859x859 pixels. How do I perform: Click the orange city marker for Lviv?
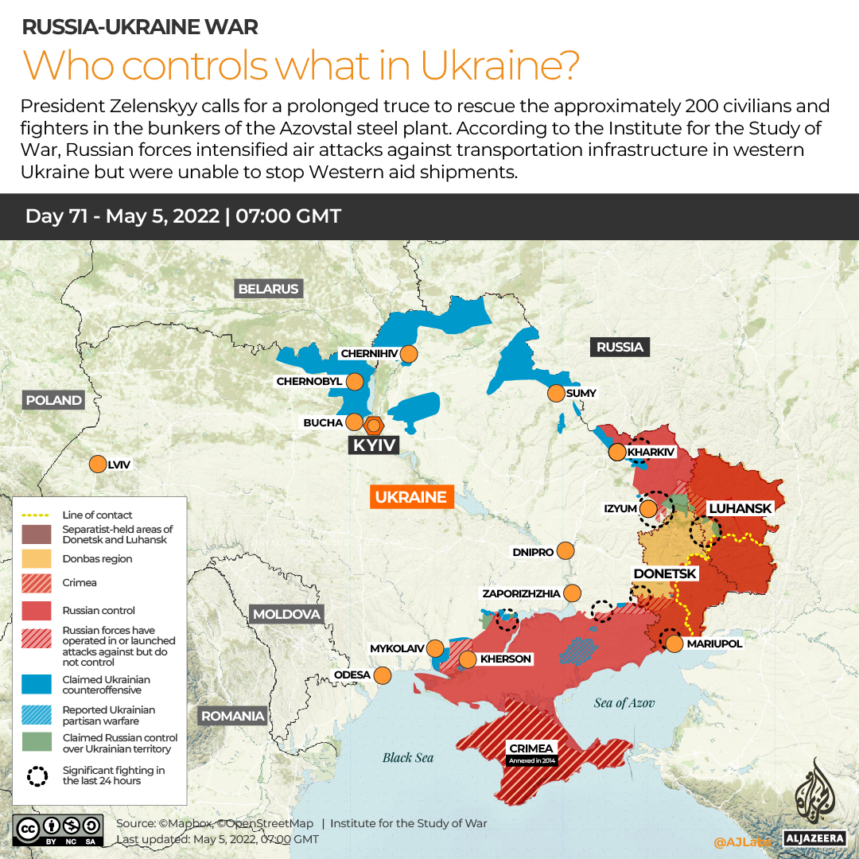(x=98, y=464)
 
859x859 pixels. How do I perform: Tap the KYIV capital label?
(x=374, y=445)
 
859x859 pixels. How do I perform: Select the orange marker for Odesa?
(x=383, y=675)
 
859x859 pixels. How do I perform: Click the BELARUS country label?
(x=268, y=289)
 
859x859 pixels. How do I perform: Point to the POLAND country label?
(x=53, y=400)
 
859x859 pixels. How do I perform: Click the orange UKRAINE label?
(x=410, y=497)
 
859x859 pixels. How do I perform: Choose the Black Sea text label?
(x=408, y=757)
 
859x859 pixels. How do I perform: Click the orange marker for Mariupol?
(x=674, y=643)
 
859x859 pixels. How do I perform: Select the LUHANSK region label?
(x=740, y=508)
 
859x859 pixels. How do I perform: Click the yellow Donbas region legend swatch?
(x=37, y=559)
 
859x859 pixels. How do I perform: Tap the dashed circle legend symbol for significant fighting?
(x=37, y=775)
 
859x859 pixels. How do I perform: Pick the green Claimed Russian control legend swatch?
(x=37, y=744)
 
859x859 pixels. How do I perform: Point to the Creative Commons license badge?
(x=57, y=829)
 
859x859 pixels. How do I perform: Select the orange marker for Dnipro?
(x=566, y=550)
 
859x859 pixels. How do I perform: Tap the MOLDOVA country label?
(x=286, y=614)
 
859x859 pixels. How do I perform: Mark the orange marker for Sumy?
(x=555, y=393)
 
